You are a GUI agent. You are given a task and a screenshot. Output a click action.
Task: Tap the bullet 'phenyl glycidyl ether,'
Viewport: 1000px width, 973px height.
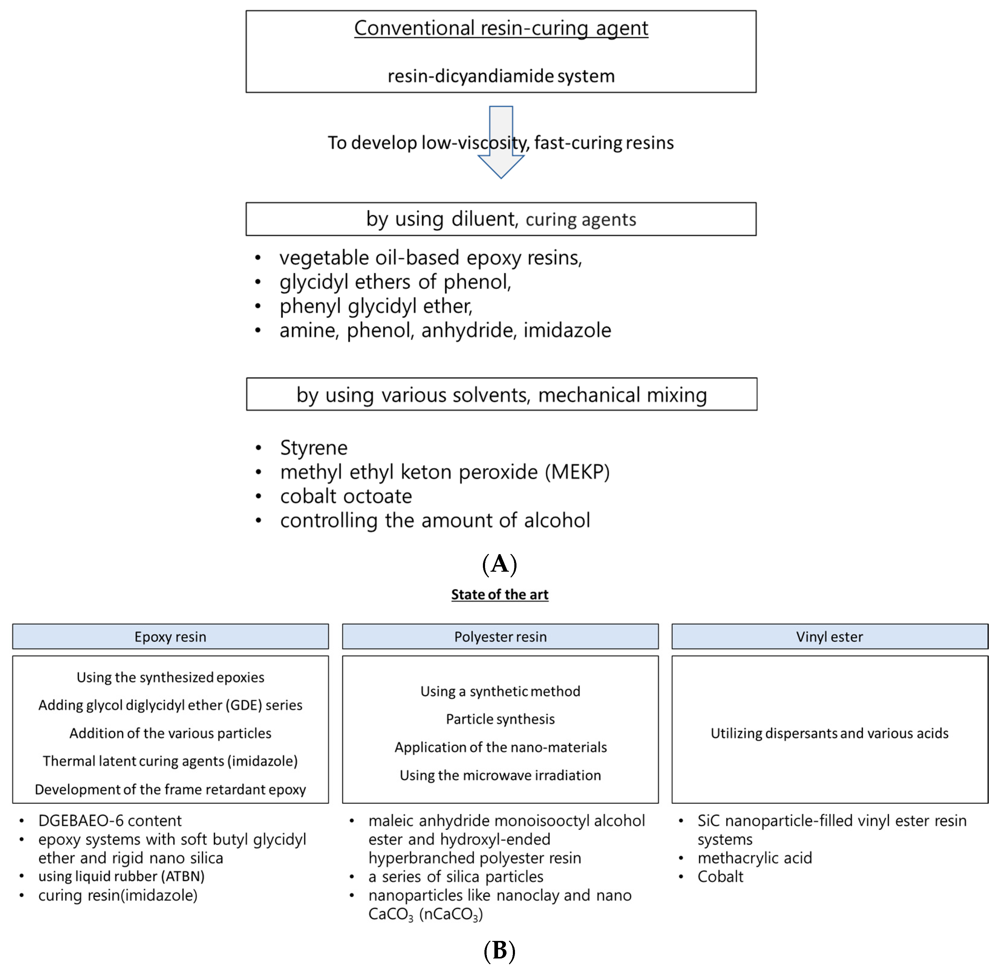coord(376,306)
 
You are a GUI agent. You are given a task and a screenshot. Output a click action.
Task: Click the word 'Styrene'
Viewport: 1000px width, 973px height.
coord(314,448)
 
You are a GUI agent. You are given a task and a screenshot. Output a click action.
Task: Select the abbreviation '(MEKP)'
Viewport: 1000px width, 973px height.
coord(577,472)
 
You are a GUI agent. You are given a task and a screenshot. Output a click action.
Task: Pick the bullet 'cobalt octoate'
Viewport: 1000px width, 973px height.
coord(346,496)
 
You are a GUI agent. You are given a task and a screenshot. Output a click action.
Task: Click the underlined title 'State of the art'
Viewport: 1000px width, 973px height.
coord(500,594)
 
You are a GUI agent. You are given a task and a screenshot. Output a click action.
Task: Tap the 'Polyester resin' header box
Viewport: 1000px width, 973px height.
coord(500,637)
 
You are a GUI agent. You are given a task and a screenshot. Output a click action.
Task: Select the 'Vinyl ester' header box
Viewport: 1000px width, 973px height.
coord(829,637)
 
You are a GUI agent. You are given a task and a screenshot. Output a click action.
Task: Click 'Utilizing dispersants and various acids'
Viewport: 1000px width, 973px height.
coord(829,733)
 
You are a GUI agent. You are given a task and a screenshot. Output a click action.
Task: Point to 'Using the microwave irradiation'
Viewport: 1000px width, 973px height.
coord(500,775)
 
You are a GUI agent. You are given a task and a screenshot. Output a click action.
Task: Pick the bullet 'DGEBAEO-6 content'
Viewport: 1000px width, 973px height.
coord(110,821)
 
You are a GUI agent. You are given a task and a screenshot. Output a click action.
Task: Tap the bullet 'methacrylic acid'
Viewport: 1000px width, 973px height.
coord(754,858)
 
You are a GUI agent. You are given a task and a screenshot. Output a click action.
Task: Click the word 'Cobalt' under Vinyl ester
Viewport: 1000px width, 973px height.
coord(720,877)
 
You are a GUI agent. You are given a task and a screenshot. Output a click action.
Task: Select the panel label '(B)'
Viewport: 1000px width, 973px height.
coord(500,951)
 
